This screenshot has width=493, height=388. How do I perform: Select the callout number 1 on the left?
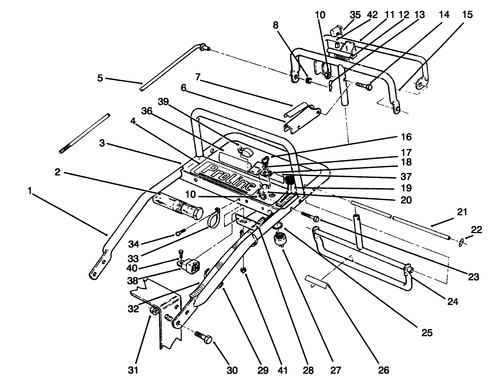(31, 191)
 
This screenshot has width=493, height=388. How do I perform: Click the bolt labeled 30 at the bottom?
(204, 336)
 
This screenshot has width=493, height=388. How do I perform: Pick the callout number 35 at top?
(355, 15)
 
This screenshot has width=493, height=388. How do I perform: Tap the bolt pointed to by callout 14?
(364, 86)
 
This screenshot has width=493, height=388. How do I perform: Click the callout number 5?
(100, 78)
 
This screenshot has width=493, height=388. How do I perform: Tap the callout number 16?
(406, 137)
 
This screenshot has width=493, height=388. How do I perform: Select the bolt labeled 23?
(310, 216)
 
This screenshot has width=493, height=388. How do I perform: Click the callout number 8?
(275, 25)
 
